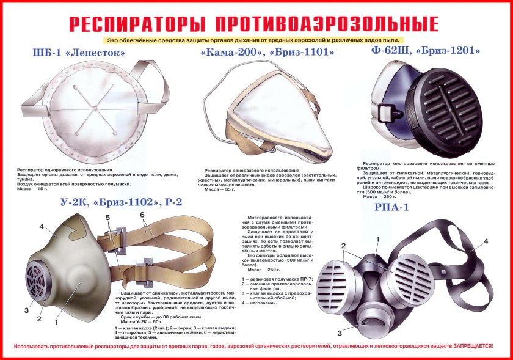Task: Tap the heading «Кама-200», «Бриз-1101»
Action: tap(267, 53)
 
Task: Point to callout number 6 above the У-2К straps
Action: tap(142, 215)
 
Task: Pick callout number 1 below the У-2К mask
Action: tap(56, 321)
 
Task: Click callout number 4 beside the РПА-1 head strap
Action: tap(486, 241)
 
